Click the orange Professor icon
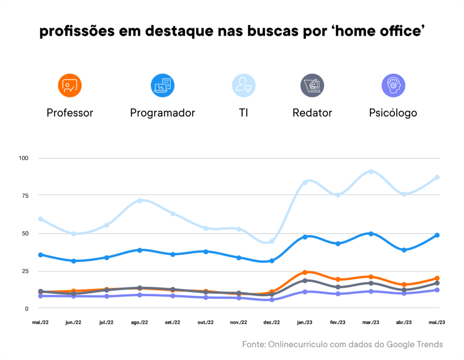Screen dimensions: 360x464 click(70, 86)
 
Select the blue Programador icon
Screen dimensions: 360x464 click(162, 86)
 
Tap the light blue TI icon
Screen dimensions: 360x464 click(244, 86)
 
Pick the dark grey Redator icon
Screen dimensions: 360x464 click(312, 86)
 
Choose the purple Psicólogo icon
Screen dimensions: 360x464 click(393, 86)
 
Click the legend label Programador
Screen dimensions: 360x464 click(162, 113)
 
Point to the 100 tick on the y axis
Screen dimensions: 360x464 click(24, 158)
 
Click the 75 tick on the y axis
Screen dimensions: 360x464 click(24, 196)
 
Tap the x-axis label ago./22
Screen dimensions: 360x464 click(140, 322)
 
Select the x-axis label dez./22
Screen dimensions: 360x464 click(272, 322)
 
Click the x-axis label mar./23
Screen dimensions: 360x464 click(371, 322)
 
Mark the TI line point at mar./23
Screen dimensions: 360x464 click(371, 172)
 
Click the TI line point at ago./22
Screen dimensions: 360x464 click(140, 201)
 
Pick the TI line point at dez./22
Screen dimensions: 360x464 click(272, 241)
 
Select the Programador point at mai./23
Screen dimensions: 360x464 click(437, 235)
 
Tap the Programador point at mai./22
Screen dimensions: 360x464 click(41, 255)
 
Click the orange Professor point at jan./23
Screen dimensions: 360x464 click(305, 272)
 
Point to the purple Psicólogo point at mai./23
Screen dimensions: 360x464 click(437, 290)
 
